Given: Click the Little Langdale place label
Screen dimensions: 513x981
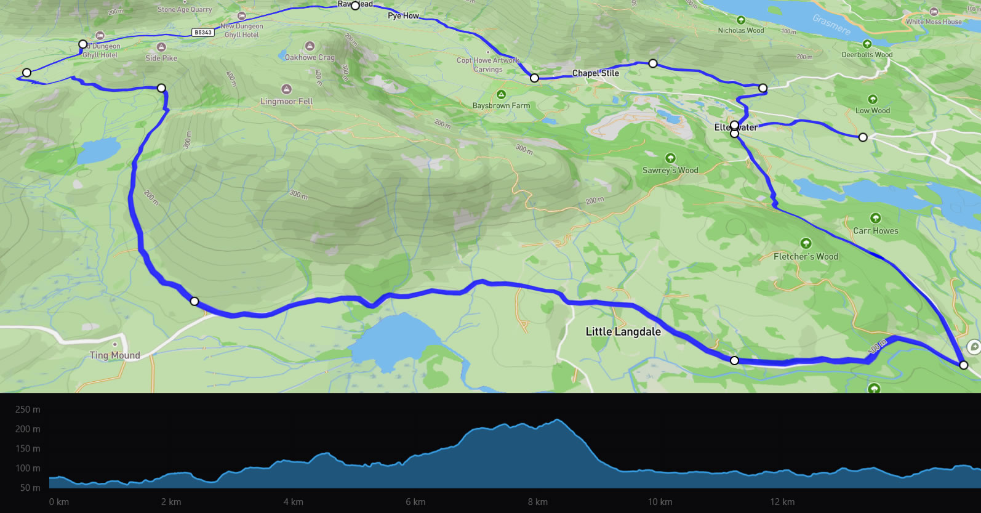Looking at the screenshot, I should (623, 331).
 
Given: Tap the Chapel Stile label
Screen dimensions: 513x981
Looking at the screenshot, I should (595, 73).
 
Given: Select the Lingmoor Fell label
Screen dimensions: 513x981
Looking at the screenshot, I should (286, 102).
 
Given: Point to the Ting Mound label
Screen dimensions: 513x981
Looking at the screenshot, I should (114, 355).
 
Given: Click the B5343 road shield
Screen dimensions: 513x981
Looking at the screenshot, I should (203, 33).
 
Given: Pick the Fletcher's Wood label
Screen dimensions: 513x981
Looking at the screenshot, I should (806, 257).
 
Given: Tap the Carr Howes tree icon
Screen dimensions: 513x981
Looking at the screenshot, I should (875, 219).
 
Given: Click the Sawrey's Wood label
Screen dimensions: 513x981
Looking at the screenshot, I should (670, 171).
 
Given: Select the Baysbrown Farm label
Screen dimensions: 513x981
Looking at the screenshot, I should (501, 106).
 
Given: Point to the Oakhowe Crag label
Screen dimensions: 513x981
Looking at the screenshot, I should (310, 58).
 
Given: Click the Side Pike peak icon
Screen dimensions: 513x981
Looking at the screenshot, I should (161, 47).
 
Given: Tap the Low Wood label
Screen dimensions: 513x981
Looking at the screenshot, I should (872, 111).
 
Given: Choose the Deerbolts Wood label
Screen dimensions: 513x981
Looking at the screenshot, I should (867, 55).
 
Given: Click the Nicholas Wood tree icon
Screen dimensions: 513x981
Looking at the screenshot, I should (741, 20).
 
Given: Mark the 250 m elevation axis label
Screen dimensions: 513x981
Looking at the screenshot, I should (28, 410).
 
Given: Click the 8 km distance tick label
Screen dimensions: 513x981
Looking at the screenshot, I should (537, 502).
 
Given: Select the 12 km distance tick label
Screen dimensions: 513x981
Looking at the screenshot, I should (782, 502).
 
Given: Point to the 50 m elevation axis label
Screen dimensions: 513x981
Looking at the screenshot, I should (30, 488).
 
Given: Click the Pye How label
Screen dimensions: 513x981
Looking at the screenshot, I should (403, 16).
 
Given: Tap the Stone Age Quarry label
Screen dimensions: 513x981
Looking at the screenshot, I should (184, 10).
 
